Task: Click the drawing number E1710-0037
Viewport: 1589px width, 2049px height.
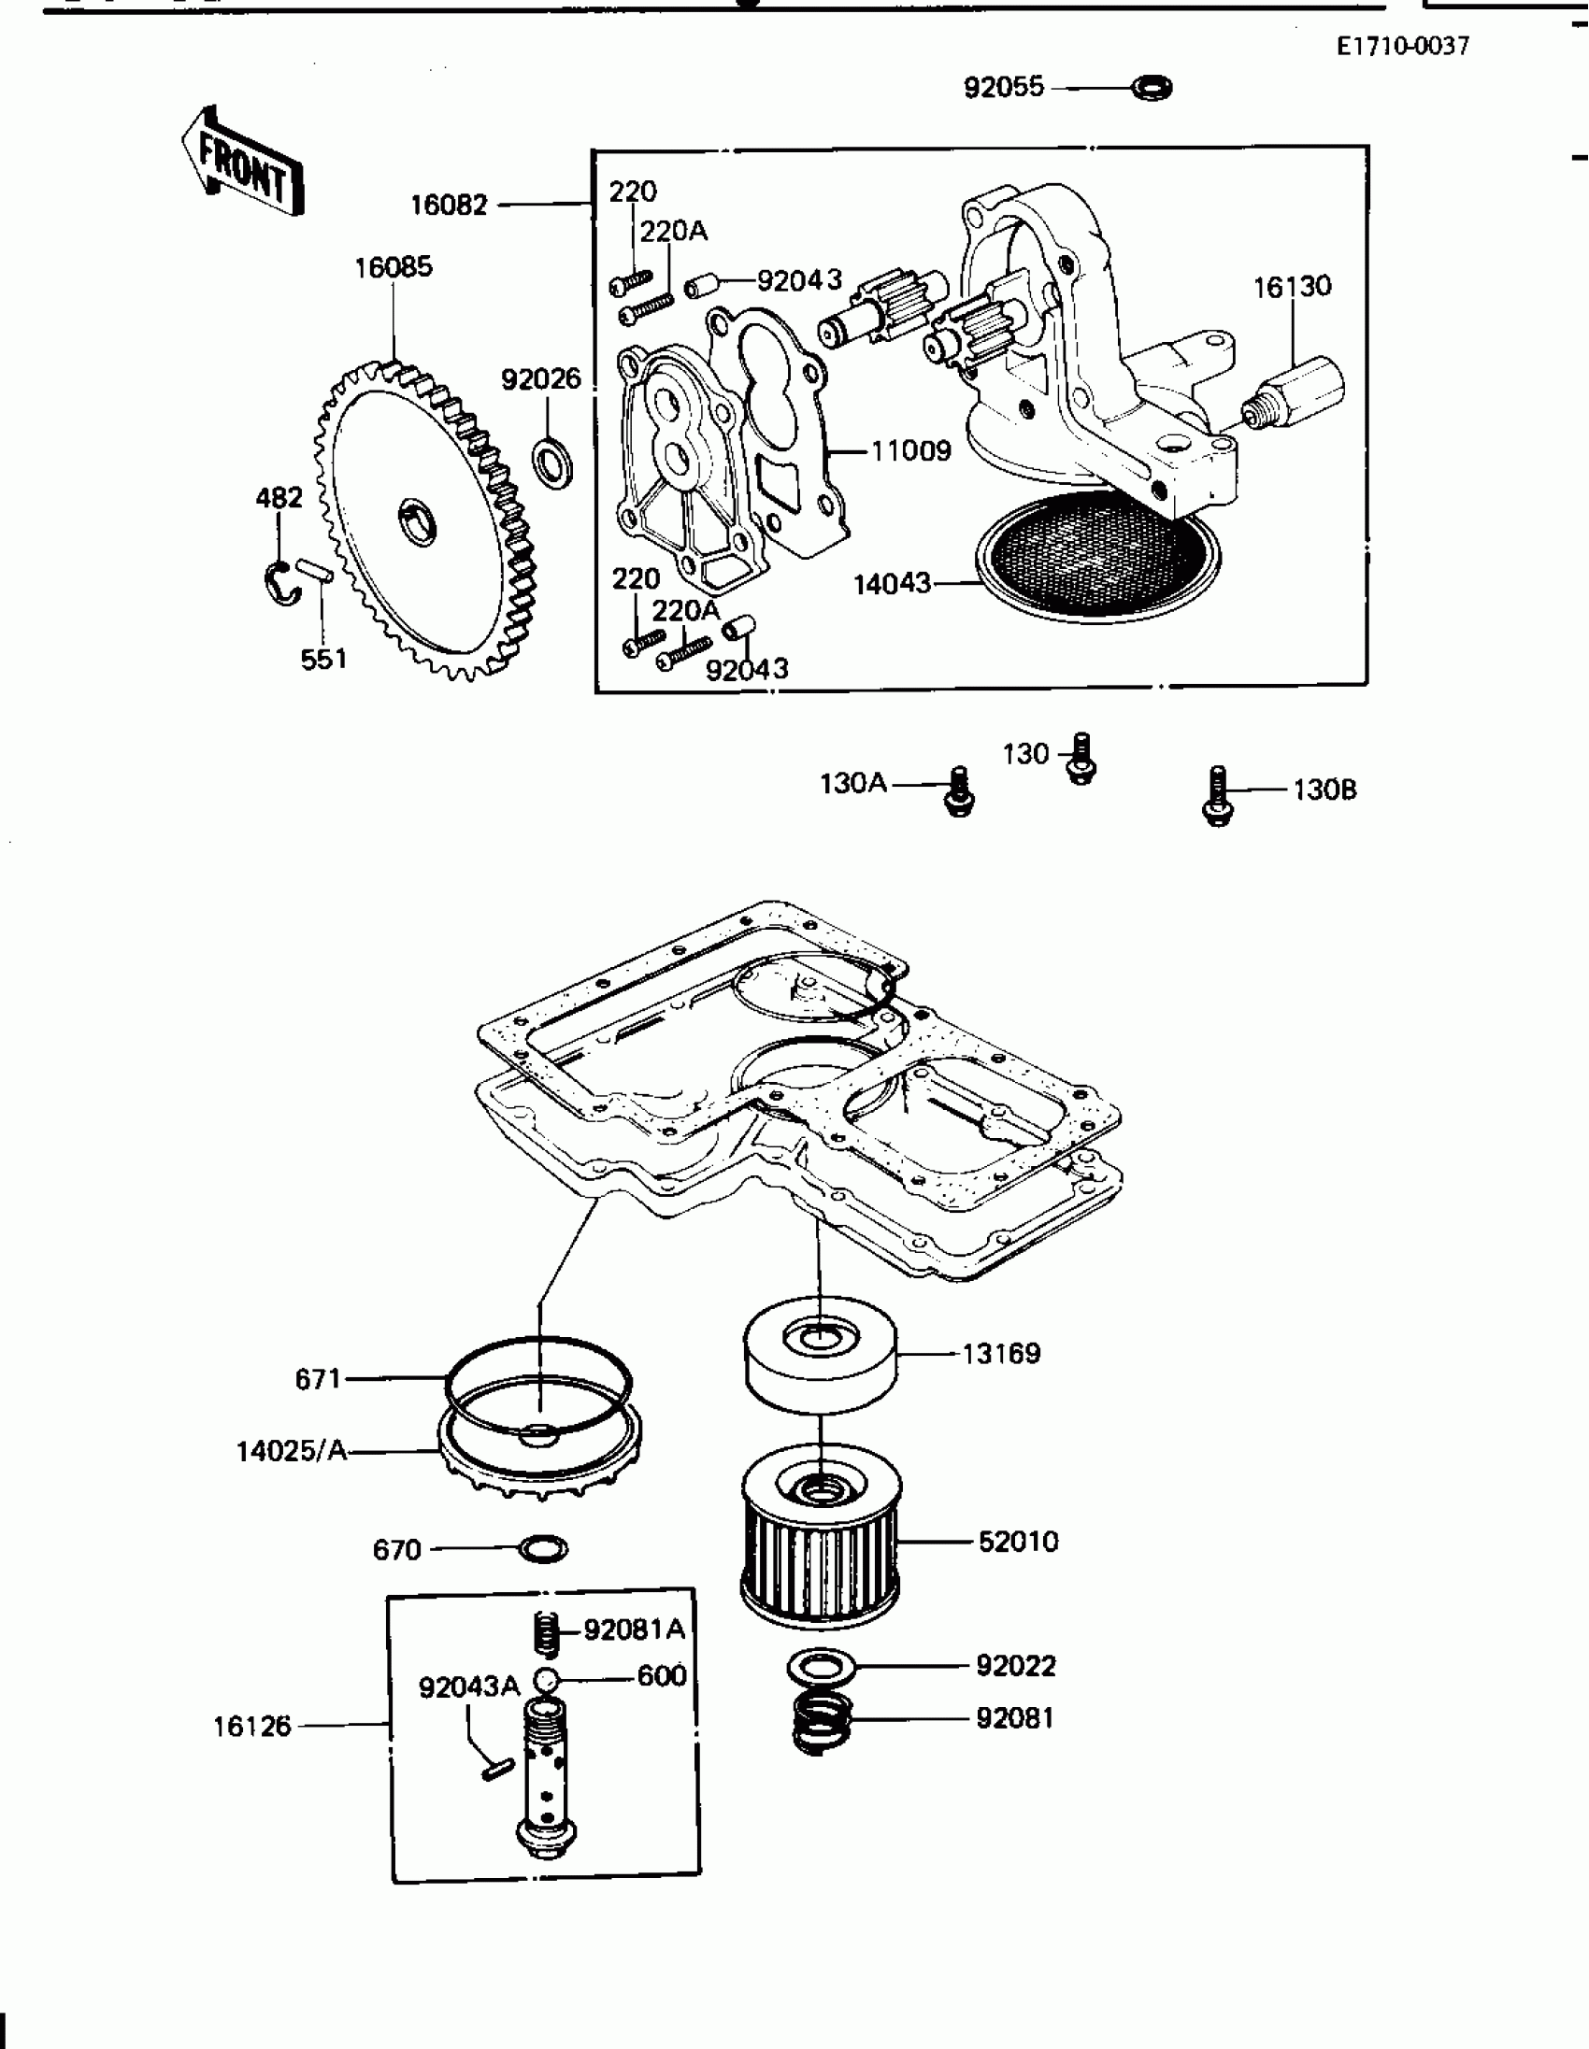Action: (x=1403, y=46)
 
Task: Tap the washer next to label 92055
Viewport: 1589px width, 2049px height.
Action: (x=1151, y=88)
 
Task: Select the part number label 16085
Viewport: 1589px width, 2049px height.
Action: (x=394, y=267)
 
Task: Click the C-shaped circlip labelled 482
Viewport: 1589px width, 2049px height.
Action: (x=280, y=584)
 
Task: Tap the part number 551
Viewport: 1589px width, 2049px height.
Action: (x=323, y=660)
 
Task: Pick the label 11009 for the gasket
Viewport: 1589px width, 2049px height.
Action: (x=910, y=451)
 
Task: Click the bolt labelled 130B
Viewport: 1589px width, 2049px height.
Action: (x=1217, y=795)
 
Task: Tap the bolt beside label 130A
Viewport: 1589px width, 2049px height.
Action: (x=958, y=790)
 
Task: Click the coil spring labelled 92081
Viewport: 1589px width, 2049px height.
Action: (x=823, y=1722)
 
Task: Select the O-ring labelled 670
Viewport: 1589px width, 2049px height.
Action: (x=544, y=1549)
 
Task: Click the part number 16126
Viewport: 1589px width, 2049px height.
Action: (x=252, y=1727)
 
